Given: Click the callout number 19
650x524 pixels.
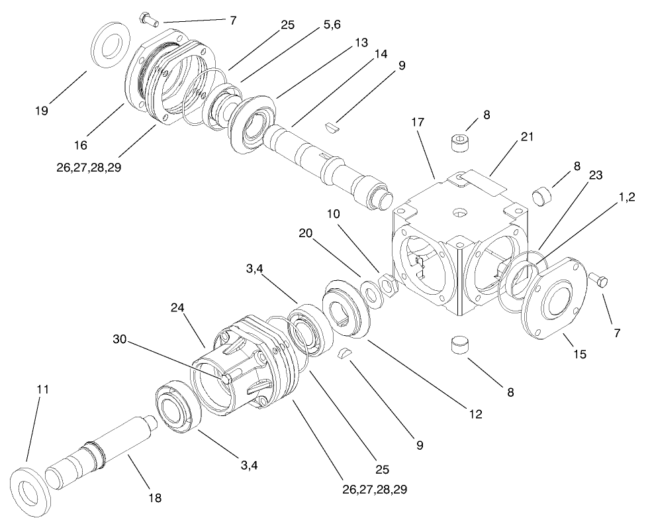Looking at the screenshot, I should [42, 111].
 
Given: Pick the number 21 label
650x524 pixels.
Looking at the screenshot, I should [526, 136].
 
